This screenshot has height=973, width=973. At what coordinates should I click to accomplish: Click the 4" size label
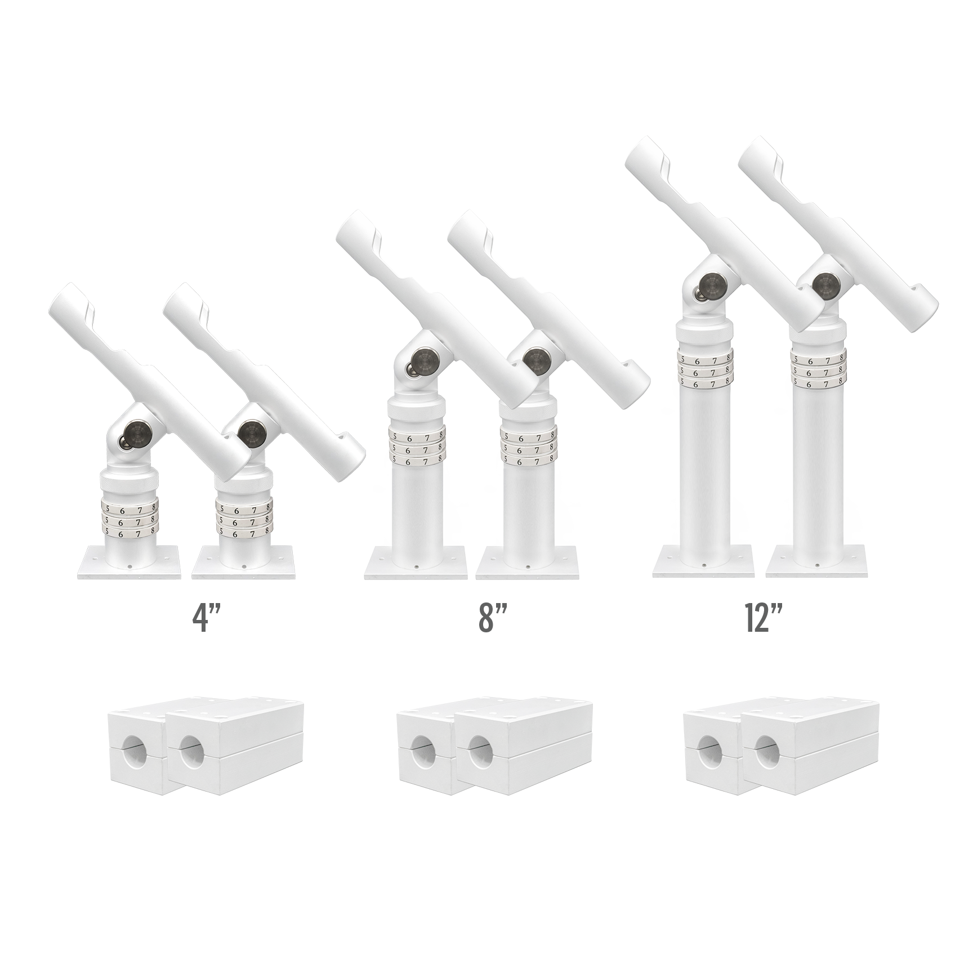[x=204, y=621]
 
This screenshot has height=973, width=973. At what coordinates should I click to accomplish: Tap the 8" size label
[x=490, y=621]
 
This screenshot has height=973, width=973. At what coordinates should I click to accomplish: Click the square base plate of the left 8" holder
[x=416, y=561]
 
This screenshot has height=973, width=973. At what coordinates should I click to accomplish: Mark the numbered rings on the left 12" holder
[x=704, y=369]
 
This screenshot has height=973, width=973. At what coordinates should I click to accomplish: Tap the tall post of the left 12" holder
[x=704, y=467]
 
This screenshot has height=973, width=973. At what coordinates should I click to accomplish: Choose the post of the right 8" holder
[x=528, y=507]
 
